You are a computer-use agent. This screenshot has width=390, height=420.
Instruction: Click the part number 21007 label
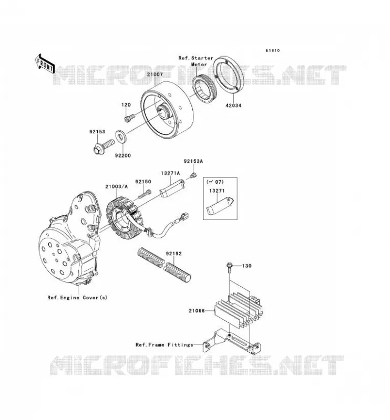[155, 75]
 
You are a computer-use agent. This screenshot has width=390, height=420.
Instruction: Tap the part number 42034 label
[233, 106]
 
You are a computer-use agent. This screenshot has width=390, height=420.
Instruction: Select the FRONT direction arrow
[45, 64]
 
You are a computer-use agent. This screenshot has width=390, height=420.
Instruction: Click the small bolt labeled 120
[130, 118]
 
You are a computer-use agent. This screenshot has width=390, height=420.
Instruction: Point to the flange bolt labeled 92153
[104, 146]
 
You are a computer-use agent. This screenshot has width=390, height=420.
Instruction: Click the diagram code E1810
[272, 50]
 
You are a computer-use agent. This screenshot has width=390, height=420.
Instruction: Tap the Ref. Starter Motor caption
[196, 61]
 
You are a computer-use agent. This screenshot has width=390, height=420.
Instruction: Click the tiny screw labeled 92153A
[193, 175]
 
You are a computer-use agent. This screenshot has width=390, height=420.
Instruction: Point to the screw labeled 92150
[145, 194]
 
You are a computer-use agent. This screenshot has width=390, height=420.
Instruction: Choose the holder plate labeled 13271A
[172, 188]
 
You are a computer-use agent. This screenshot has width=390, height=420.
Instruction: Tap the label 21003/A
[116, 186]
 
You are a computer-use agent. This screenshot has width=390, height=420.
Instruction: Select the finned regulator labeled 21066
[238, 310]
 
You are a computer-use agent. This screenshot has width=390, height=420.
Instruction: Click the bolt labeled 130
[229, 268]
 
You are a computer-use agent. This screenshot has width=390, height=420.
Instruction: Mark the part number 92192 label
[173, 254]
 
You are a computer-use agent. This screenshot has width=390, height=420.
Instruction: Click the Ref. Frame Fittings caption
[164, 345]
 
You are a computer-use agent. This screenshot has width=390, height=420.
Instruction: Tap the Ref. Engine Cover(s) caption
[77, 298]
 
